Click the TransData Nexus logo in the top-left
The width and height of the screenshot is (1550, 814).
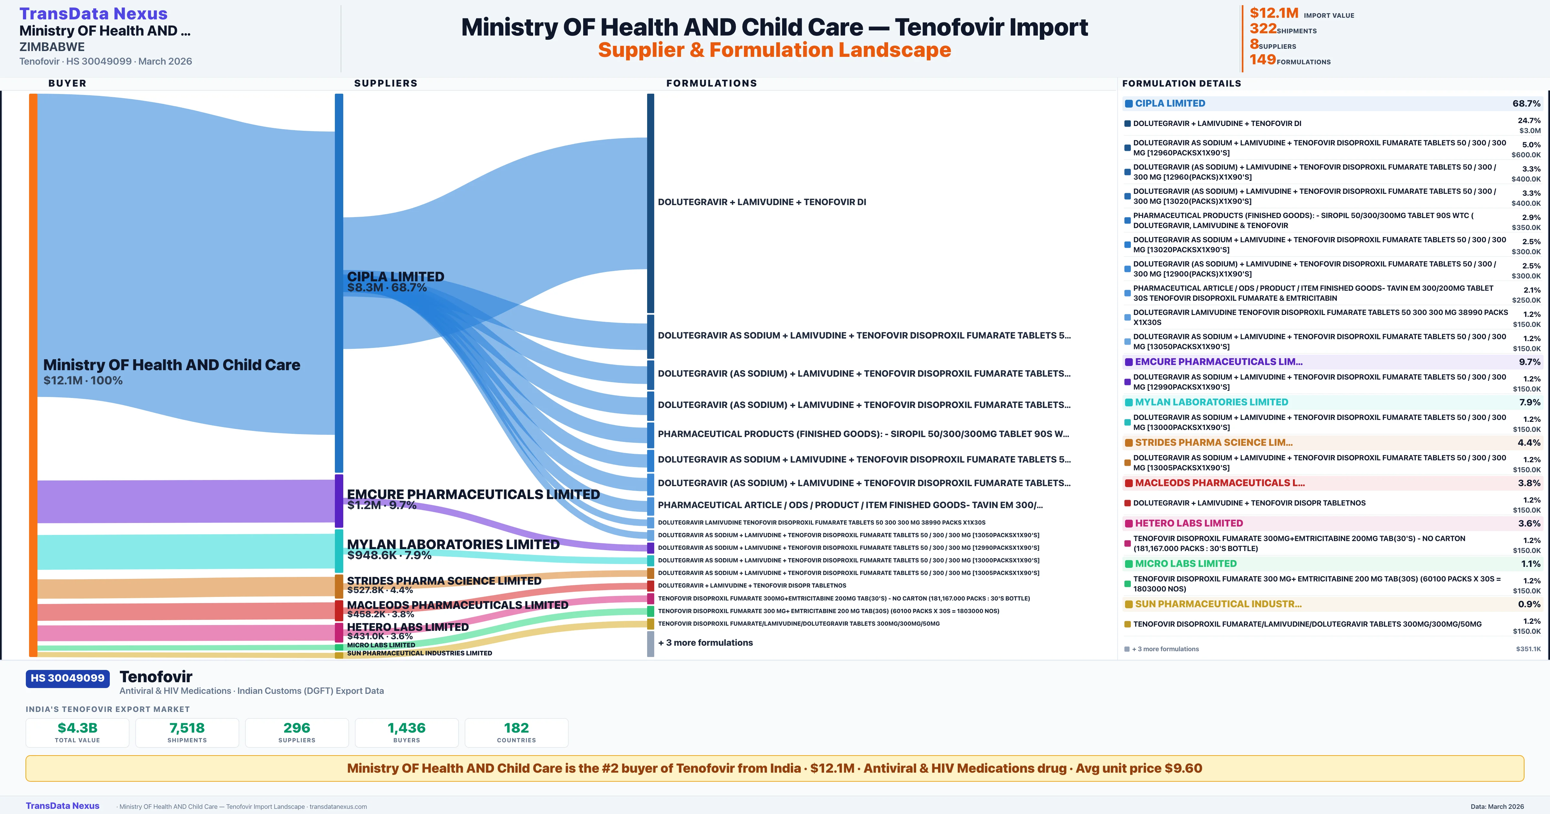point(93,13)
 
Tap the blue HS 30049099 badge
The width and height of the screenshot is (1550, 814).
point(67,678)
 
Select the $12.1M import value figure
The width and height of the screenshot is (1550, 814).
point(1274,13)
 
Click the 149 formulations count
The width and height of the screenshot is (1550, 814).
point(1262,60)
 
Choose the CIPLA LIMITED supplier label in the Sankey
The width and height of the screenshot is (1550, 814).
point(395,277)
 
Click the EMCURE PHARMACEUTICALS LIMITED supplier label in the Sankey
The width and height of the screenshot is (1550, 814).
point(473,494)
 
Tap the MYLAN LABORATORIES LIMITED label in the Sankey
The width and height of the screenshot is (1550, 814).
point(453,544)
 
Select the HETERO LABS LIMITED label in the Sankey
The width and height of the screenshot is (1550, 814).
point(407,627)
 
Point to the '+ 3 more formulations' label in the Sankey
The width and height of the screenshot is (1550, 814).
point(705,642)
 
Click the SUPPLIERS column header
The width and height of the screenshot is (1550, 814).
point(385,83)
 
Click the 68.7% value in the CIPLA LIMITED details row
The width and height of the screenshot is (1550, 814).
point(1526,104)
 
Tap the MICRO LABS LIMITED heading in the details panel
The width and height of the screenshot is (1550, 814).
point(1185,564)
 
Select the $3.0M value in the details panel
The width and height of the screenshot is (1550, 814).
point(1530,130)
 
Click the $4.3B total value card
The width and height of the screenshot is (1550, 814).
point(77,732)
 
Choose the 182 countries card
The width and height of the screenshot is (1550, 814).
point(516,732)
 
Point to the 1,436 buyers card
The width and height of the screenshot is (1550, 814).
point(407,732)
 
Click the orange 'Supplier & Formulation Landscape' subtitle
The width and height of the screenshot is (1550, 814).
point(774,50)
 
